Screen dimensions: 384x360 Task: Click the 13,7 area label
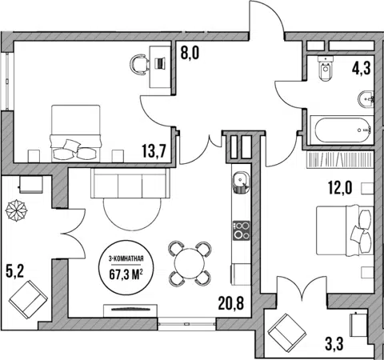(x=154, y=150)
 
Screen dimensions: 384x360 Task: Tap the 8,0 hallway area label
(x=190, y=53)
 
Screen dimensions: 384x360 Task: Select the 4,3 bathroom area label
(x=362, y=69)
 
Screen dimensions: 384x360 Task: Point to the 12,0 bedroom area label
(x=340, y=188)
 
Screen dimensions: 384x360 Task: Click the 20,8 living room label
(x=231, y=303)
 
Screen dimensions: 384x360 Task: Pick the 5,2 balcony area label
(x=14, y=272)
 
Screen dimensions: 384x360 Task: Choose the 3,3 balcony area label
(x=334, y=343)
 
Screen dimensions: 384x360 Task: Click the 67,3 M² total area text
(x=126, y=274)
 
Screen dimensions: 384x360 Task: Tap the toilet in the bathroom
(x=326, y=68)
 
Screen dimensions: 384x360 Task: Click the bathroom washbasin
(x=366, y=99)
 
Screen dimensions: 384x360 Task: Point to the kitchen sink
(x=241, y=182)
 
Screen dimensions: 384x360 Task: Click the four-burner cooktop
(x=242, y=230)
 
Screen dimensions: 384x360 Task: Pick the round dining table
(x=190, y=264)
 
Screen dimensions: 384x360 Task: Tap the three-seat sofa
(x=130, y=183)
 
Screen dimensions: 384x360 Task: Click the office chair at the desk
(x=139, y=64)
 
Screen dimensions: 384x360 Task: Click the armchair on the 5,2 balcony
(x=28, y=299)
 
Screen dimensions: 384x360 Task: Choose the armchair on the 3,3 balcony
(x=287, y=331)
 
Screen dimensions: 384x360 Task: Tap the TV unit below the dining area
(x=130, y=310)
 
